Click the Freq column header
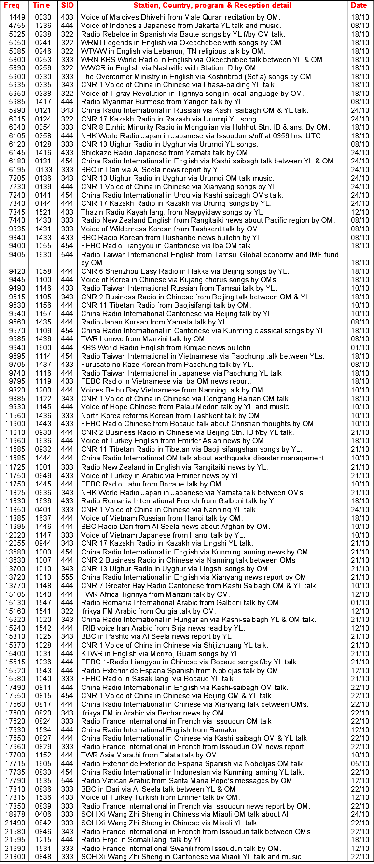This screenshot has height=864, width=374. (12, 5)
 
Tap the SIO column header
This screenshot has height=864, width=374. (67, 5)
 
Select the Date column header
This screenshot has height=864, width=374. (359, 5)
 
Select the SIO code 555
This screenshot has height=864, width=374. (67, 577)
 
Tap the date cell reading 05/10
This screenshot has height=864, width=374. (359, 764)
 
